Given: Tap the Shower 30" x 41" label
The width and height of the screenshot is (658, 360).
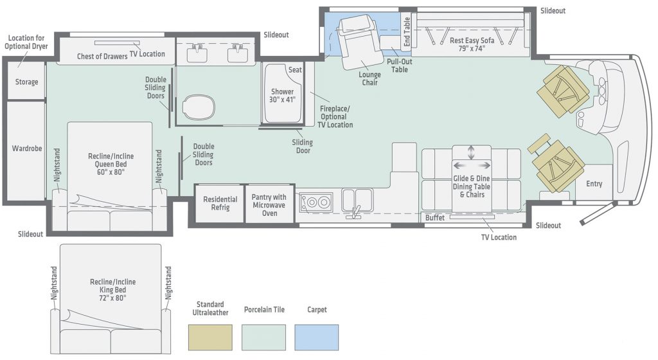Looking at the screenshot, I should [282, 96].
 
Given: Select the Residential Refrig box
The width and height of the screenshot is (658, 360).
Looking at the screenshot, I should [220, 204].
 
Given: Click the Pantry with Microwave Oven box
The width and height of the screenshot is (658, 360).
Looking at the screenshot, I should [269, 204].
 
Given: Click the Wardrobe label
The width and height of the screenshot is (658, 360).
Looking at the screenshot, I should [26, 148].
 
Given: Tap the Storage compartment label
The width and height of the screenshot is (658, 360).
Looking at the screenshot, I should [26, 82].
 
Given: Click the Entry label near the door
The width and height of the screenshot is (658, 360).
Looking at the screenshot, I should [594, 184].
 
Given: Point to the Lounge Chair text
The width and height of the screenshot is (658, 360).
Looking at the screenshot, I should [369, 78].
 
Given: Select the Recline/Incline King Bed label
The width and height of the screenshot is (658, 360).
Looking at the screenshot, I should [112, 290].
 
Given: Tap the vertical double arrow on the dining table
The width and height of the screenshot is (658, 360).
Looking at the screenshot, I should [471, 152].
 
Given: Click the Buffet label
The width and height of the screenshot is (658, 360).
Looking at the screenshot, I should [434, 218].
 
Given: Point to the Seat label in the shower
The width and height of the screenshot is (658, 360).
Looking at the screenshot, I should [295, 69].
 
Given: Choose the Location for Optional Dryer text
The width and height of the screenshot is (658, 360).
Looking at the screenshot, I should [26, 42].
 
